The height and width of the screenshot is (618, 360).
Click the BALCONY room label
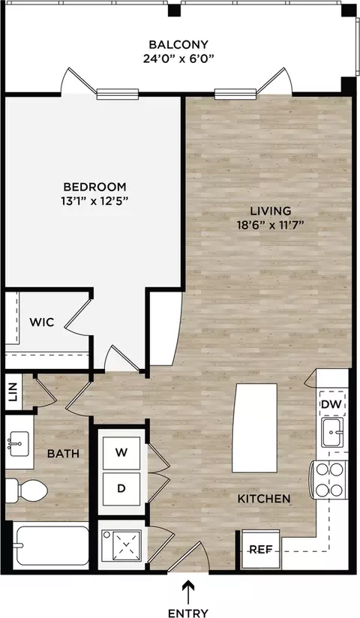tap(178, 44)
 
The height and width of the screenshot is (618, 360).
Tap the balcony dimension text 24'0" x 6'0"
tap(178, 59)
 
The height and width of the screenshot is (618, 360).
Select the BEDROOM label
tap(95, 187)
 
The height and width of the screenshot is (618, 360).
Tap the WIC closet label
tap(42, 322)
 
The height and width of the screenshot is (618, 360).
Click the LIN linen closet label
tap(13, 392)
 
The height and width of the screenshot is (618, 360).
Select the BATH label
tap(63, 454)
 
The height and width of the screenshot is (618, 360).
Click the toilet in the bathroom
tap(27, 490)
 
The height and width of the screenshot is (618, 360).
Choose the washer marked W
tap(121, 453)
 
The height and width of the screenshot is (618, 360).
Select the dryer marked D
tap(121, 489)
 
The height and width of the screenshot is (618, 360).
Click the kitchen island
tap(255, 427)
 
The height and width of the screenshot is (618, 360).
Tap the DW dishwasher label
tap(331, 404)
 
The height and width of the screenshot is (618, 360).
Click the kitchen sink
tap(332, 432)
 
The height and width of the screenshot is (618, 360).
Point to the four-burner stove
tap(330, 480)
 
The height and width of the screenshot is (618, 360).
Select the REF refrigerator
tap(261, 550)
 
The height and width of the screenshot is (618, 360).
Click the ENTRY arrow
tap(188, 592)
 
